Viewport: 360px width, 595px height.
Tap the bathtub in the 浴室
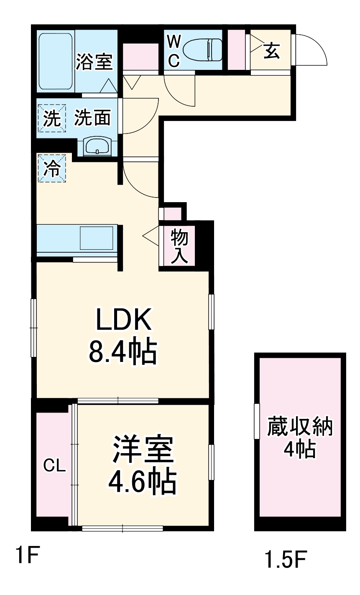[x=56, y=62]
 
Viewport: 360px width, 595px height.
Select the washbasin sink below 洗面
[x=97, y=146]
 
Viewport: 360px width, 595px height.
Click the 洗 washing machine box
[x=52, y=119]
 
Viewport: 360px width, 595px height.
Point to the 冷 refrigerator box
[x=52, y=169]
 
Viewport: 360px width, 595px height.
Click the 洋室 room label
[x=143, y=450]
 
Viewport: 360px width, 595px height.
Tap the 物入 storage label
[x=179, y=246]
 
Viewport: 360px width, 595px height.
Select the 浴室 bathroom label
[x=94, y=62]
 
